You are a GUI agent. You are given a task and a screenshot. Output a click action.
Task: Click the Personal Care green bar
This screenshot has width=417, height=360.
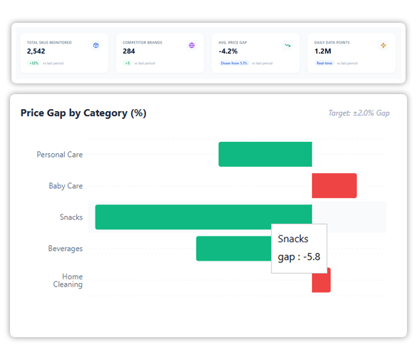coord(265,154)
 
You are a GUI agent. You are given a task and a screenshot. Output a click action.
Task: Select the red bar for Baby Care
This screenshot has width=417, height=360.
coord(334,185)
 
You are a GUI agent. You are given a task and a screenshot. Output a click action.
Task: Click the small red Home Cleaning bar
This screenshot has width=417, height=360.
coord(321,280)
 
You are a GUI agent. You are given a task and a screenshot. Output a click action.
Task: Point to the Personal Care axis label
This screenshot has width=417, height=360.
coord(60,155)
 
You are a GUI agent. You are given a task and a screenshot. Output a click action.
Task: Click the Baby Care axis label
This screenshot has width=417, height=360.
coord(66,186)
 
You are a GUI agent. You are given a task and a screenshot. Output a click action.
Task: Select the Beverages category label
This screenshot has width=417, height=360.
coord(65,249)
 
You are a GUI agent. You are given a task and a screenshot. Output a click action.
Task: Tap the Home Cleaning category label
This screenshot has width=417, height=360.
coord(68,280)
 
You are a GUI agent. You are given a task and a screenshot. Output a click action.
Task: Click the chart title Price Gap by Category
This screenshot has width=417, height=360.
coord(83,113)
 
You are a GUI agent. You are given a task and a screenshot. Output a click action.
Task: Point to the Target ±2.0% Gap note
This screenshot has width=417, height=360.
coord(359,113)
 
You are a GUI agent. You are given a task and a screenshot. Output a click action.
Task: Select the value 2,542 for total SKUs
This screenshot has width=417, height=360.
coord(37,51)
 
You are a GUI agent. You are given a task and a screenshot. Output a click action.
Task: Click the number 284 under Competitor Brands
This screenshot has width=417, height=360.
coord(129,51)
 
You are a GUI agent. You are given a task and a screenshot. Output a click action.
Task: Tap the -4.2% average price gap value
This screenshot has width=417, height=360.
coord(229,51)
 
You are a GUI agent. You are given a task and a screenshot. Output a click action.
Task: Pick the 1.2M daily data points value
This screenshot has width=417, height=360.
coord(323,51)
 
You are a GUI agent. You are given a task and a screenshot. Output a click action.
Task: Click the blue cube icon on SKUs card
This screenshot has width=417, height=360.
coord(96,46)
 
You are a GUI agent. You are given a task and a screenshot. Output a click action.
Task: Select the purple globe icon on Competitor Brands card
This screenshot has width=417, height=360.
coord(192,46)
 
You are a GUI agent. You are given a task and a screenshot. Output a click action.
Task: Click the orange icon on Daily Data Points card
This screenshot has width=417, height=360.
coord(383,46)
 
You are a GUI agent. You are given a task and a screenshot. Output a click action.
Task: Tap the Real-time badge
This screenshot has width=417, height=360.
coord(324,63)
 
